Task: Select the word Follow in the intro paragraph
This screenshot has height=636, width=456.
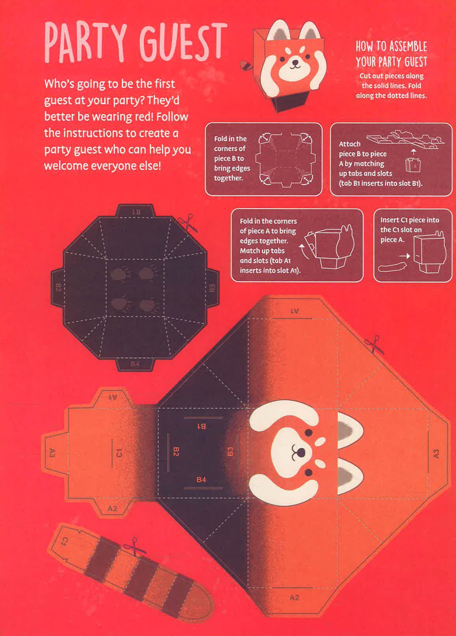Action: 172,117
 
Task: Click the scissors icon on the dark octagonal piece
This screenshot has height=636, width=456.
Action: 187,222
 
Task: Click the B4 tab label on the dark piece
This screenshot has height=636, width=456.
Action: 135,364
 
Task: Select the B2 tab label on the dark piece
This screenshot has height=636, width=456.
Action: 58,287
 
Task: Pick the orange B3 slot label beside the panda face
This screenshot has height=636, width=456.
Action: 230,451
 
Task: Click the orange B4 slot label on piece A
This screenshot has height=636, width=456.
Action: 201,480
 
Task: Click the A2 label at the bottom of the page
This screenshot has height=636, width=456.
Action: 295,598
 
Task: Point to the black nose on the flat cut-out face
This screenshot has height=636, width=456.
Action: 301,453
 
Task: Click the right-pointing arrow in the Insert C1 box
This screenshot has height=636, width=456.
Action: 405,256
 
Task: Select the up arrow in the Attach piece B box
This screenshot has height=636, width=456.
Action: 413,152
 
